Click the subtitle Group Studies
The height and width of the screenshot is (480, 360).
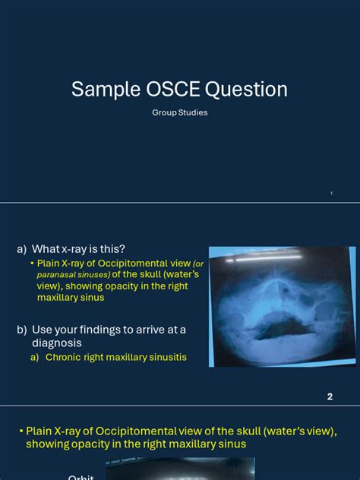179,112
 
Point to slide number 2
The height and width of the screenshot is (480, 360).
330,396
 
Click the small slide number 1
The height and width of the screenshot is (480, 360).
331,194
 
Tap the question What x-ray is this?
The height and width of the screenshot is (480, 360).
78,249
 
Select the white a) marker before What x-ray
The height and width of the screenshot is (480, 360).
22,249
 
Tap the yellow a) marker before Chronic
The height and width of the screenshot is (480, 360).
35,357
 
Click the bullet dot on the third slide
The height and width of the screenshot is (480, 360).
21,431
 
